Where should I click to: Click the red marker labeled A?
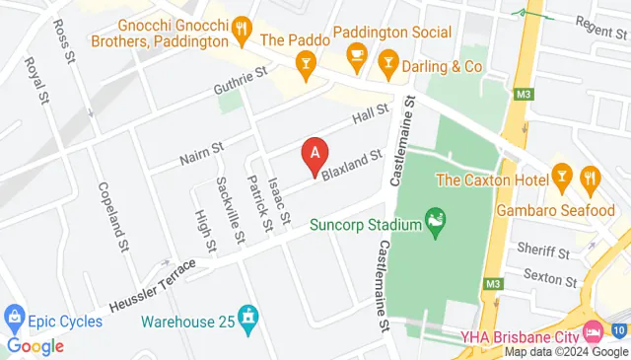(x=315, y=155)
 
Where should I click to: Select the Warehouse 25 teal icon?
(x=249, y=317)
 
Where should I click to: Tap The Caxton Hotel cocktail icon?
(x=563, y=178)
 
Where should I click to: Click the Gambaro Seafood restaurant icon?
(x=592, y=178)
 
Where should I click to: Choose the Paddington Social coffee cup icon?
(x=356, y=54)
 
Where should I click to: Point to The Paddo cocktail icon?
(x=307, y=66)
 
